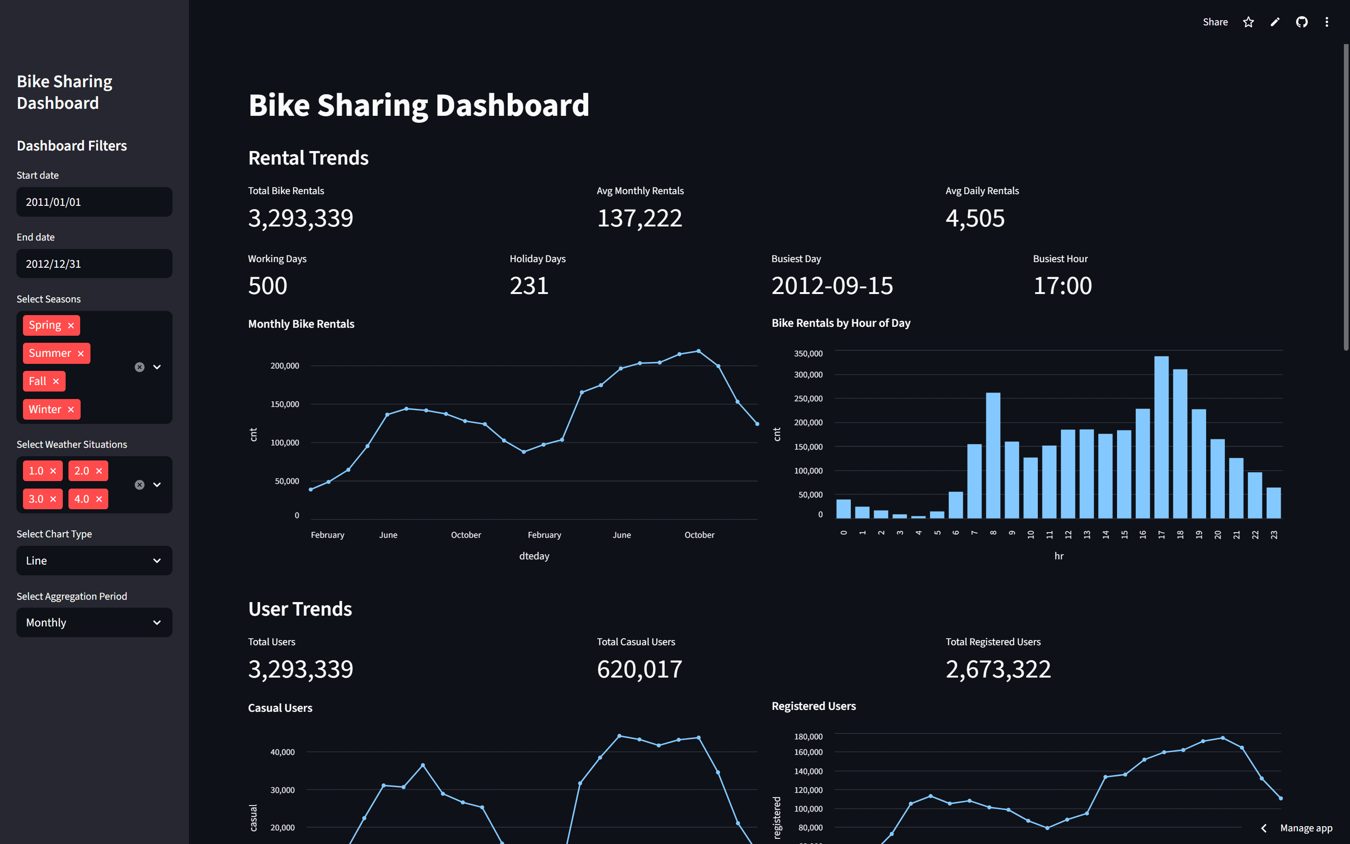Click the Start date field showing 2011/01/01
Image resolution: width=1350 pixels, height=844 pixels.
coord(94,202)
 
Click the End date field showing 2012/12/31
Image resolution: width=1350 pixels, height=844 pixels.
coord(94,264)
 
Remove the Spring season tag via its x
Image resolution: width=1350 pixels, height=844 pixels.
coord(71,325)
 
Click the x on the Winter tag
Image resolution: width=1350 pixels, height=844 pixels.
coord(71,410)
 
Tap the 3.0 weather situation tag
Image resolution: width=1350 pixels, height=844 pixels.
coord(36,499)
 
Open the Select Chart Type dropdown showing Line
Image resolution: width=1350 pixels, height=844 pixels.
coord(94,560)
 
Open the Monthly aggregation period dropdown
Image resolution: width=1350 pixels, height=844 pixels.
coord(94,622)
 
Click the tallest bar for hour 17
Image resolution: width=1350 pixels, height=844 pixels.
coord(1161,438)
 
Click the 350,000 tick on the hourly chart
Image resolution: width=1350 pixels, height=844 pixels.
coord(808,354)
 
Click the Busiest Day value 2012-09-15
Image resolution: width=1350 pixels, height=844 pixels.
coord(832,286)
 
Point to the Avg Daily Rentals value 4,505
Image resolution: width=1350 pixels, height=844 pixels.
coord(975,218)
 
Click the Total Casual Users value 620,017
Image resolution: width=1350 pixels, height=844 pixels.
coord(639,669)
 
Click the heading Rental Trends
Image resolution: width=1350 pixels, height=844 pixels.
coord(308,158)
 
